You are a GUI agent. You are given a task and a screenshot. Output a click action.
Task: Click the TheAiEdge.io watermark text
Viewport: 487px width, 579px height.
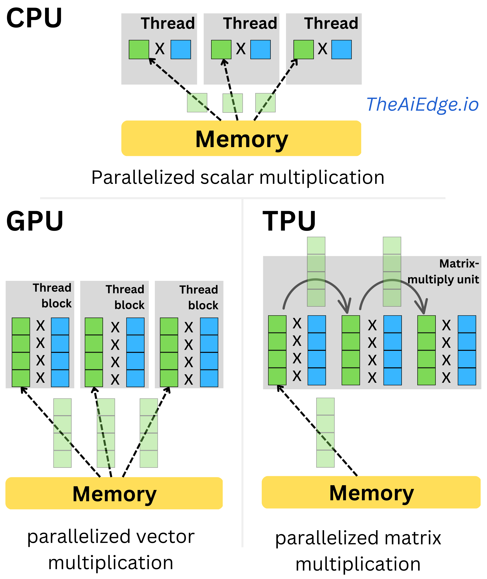tap(422, 104)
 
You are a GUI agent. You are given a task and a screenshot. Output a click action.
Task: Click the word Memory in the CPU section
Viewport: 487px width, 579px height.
tap(242, 139)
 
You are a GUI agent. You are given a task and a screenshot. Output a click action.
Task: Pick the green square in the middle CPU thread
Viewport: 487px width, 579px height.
tap(221, 49)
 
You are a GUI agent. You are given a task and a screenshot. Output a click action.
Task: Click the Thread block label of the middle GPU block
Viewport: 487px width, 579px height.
tap(126, 297)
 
